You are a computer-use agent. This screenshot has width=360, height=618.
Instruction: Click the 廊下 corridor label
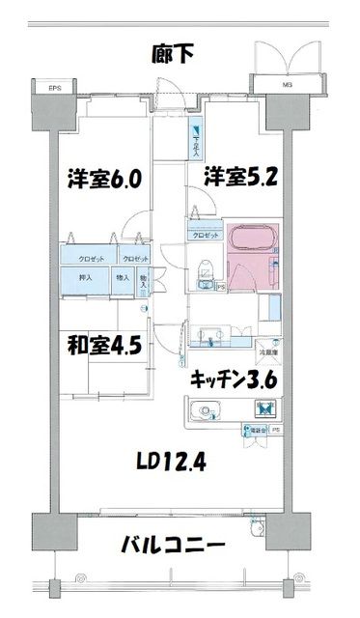coord(173,54)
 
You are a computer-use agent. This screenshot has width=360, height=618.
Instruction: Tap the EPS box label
coord(55,90)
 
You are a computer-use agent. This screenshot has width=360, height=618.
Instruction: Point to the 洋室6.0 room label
coord(105,179)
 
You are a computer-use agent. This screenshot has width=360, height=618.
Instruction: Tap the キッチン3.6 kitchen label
coord(235,379)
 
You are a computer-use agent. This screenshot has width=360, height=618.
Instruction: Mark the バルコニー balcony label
coord(174,547)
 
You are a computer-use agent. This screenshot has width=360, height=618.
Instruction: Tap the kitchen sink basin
coord(204,412)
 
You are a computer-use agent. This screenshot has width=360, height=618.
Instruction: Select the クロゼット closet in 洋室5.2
coord(206,235)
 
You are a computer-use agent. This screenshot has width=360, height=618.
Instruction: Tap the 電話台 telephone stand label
coord(254,430)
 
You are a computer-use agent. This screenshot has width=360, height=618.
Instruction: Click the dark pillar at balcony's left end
coord(54,531)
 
